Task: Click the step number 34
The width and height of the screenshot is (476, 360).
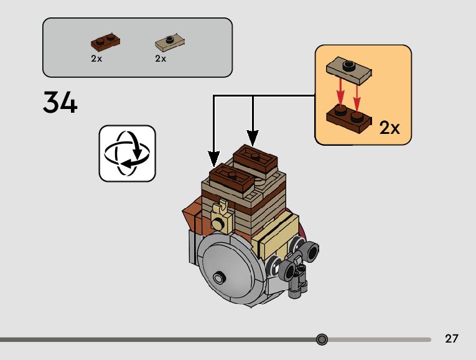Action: pos(60,102)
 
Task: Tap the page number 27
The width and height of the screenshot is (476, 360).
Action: pos(451,338)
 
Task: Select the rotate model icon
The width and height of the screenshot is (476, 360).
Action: pos(127,153)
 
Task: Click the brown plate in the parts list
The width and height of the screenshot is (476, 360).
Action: pos(105,41)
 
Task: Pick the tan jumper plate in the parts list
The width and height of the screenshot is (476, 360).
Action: pos(170,42)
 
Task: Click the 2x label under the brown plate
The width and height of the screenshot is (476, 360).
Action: pos(96,59)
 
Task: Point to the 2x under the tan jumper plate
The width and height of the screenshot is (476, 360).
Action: pos(161,59)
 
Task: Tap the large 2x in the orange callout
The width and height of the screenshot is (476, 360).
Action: pos(390,128)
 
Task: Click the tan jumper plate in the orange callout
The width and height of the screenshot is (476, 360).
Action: pos(349,71)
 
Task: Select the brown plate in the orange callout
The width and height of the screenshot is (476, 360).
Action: pos(349,118)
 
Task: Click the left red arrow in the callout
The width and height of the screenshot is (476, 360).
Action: pos(340,92)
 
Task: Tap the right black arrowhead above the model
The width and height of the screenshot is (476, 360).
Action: pos(253,138)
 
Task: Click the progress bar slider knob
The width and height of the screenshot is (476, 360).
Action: pos(322,339)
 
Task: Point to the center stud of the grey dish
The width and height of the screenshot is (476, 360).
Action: pos(218,277)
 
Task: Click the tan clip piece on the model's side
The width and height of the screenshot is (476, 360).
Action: pos(222,217)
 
